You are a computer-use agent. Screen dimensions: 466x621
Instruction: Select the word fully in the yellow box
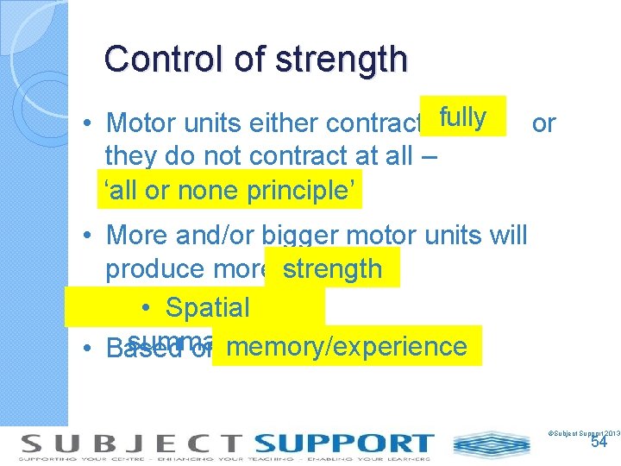[463, 117]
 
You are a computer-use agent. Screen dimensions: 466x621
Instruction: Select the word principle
[301, 190]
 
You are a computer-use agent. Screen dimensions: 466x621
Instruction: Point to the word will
[502, 234]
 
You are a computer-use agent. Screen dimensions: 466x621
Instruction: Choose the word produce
[156, 269]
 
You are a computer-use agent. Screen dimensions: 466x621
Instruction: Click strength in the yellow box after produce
[332, 269]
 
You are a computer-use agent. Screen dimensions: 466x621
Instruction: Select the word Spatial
[207, 307]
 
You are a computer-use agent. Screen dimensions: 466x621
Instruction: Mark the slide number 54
[599, 442]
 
